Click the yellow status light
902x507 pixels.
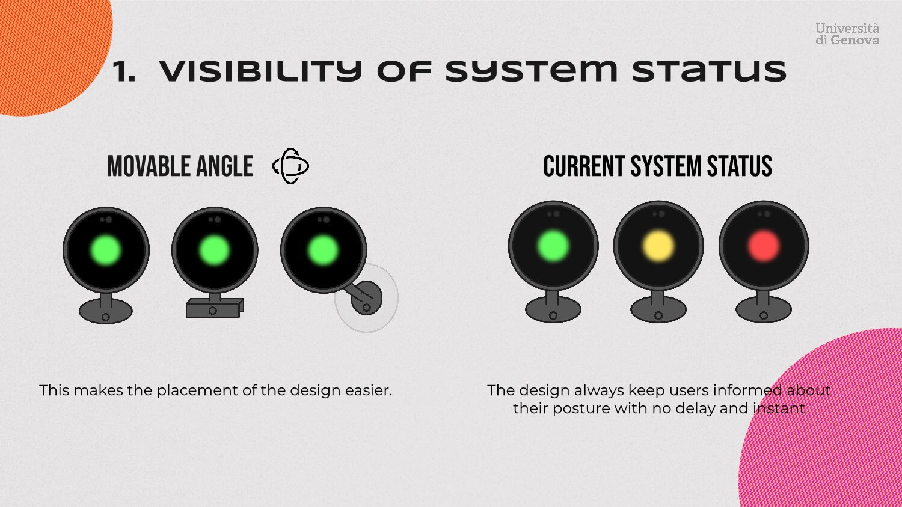click(x=658, y=246)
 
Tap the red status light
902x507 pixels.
click(x=764, y=246)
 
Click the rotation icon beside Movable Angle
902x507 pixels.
click(x=291, y=166)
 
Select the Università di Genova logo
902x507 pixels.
click(x=847, y=34)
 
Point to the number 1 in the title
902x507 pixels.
click(x=123, y=72)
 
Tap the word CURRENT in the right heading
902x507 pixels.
click(x=583, y=166)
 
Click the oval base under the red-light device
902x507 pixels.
click(x=764, y=311)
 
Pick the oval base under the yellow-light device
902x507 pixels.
click(x=658, y=311)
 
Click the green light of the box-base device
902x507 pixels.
click(x=214, y=250)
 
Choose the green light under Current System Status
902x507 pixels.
click(x=553, y=246)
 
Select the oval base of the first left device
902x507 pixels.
click(x=106, y=312)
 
